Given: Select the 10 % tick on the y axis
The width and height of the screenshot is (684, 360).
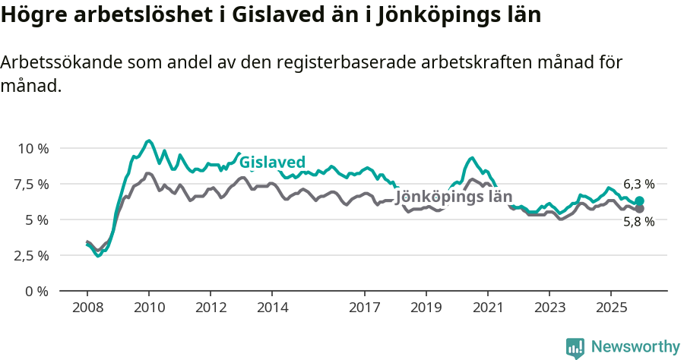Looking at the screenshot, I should coord(33,148).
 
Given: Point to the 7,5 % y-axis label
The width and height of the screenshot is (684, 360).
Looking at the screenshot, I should coord(31,184).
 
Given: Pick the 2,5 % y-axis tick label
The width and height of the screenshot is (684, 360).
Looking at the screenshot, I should coord(31,255).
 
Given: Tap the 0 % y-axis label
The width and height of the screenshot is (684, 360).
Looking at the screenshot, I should coord(36,291).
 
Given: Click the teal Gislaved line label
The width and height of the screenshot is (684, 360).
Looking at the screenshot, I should coord(272,162).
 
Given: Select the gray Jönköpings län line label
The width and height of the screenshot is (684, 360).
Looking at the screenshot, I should coord(454,197).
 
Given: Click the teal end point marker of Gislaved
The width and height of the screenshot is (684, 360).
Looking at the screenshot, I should coord(639,201).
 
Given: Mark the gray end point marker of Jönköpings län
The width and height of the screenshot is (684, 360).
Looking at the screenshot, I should coord(639,208).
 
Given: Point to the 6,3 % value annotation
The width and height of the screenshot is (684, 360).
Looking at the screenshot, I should coord(638,184).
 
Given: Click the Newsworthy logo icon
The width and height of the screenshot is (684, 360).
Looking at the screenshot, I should coord(575,348).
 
